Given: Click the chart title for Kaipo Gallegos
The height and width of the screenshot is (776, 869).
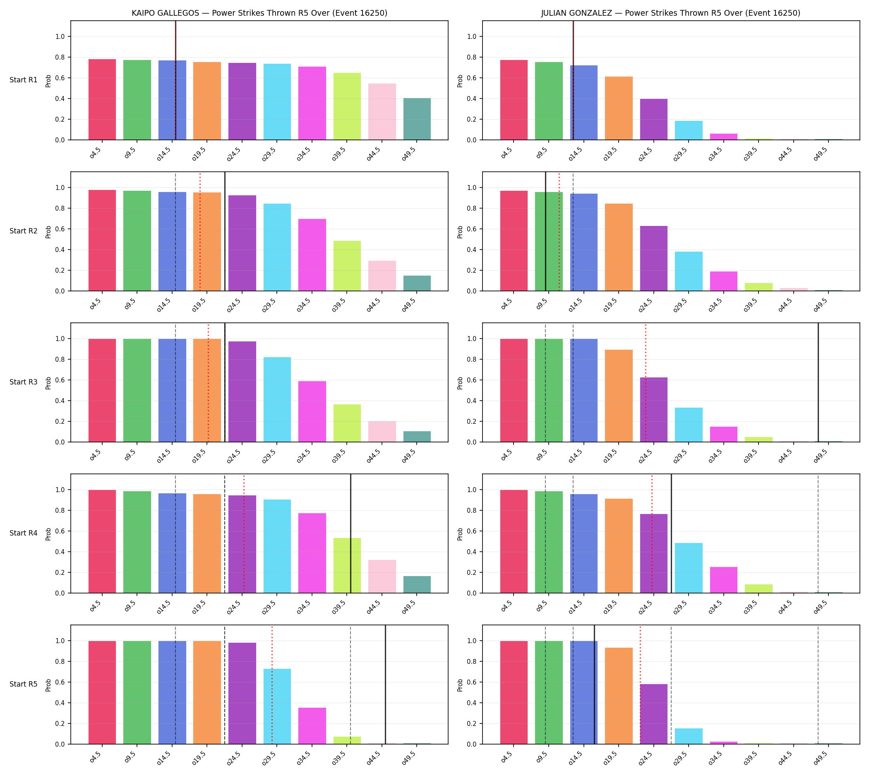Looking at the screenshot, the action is coord(259,13).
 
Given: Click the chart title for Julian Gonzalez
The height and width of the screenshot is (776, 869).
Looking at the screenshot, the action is coord(671,13).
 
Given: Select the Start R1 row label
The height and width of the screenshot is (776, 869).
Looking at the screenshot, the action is coord(24,80).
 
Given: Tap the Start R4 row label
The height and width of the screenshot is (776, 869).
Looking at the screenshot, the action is coord(24,533).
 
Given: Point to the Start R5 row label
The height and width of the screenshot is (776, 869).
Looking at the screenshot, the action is coord(24,684).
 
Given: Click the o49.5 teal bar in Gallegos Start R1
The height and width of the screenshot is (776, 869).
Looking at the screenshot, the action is coord(417,119).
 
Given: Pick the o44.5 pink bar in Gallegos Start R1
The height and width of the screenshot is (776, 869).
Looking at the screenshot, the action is coord(382,112).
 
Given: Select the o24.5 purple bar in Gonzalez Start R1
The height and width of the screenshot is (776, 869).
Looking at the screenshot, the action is coord(653,119).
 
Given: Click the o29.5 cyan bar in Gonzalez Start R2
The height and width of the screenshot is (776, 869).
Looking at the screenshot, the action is coord(688,271).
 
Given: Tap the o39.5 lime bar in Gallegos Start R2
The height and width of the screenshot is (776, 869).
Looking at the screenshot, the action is coord(347,266).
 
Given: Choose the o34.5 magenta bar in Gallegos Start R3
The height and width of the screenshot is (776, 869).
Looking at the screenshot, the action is coord(312,411).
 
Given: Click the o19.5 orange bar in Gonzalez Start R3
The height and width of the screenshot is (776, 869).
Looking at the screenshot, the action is coord(618,396).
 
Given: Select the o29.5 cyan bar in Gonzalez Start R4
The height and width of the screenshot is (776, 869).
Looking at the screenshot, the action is coord(688,568).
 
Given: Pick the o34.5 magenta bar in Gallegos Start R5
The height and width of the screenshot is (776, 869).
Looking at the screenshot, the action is coord(312,726).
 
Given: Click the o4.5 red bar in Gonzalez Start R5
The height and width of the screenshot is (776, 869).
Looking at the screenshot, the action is coord(514,692).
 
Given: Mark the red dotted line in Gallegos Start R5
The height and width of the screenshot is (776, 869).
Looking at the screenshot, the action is coord(271,685).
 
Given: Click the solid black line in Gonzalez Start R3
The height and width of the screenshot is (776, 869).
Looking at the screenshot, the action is coord(817,382).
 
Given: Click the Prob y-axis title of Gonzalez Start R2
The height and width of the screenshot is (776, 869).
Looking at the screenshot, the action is coord(460,232).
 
